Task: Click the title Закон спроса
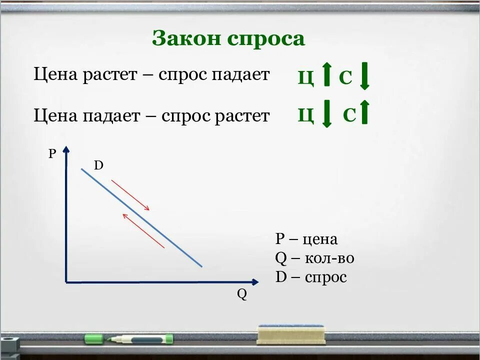tap(228, 38)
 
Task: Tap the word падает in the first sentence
tap(241, 75)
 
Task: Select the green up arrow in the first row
tap(326, 74)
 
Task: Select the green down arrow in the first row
tap(364, 75)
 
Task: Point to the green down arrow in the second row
tap(326, 114)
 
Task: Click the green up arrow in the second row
tap(364, 112)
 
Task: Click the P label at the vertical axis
tap(52, 153)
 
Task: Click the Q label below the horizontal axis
tap(242, 294)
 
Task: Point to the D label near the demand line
tap(98, 165)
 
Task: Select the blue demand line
tap(142, 218)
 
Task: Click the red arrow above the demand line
tap(130, 194)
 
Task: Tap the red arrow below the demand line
tap(143, 230)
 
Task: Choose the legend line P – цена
tap(306, 239)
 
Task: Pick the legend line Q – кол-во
tap(314, 258)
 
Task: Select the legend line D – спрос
tap(310, 277)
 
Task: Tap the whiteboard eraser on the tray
tap(291, 334)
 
